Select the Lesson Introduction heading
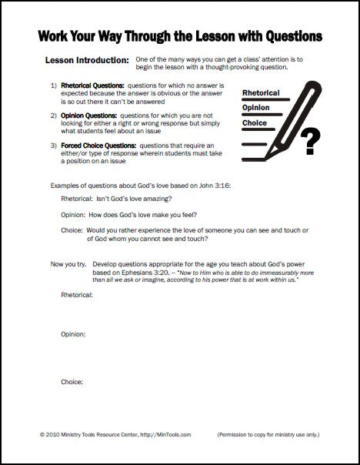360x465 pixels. (87, 61)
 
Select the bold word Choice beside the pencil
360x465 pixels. (254, 123)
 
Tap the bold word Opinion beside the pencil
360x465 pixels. (256, 108)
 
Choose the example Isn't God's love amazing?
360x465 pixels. (135, 199)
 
